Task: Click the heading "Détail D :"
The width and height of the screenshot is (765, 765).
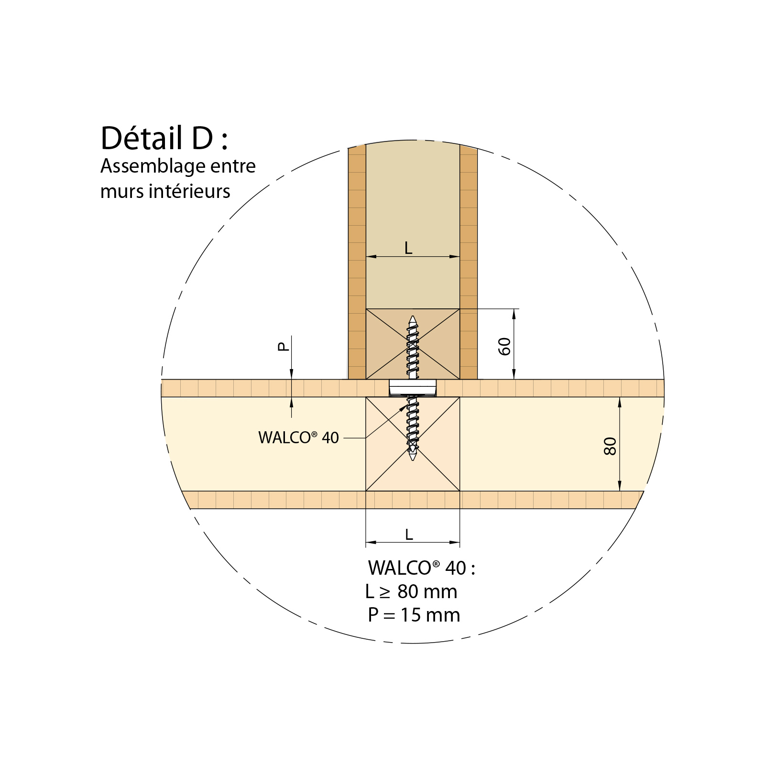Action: [x=164, y=138]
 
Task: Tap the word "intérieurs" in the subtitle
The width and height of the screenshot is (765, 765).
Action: [x=189, y=191]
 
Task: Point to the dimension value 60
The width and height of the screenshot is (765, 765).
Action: [x=504, y=346]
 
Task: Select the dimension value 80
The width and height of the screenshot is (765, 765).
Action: [x=610, y=446]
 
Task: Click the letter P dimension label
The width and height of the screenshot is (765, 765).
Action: [x=284, y=347]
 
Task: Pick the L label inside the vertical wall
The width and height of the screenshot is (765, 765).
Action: [x=408, y=248]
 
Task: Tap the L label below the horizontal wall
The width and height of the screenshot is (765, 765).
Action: [x=409, y=535]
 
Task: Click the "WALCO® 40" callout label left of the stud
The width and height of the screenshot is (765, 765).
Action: [x=298, y=437]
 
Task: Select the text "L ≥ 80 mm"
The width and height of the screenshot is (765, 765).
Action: [x=411, y=592]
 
